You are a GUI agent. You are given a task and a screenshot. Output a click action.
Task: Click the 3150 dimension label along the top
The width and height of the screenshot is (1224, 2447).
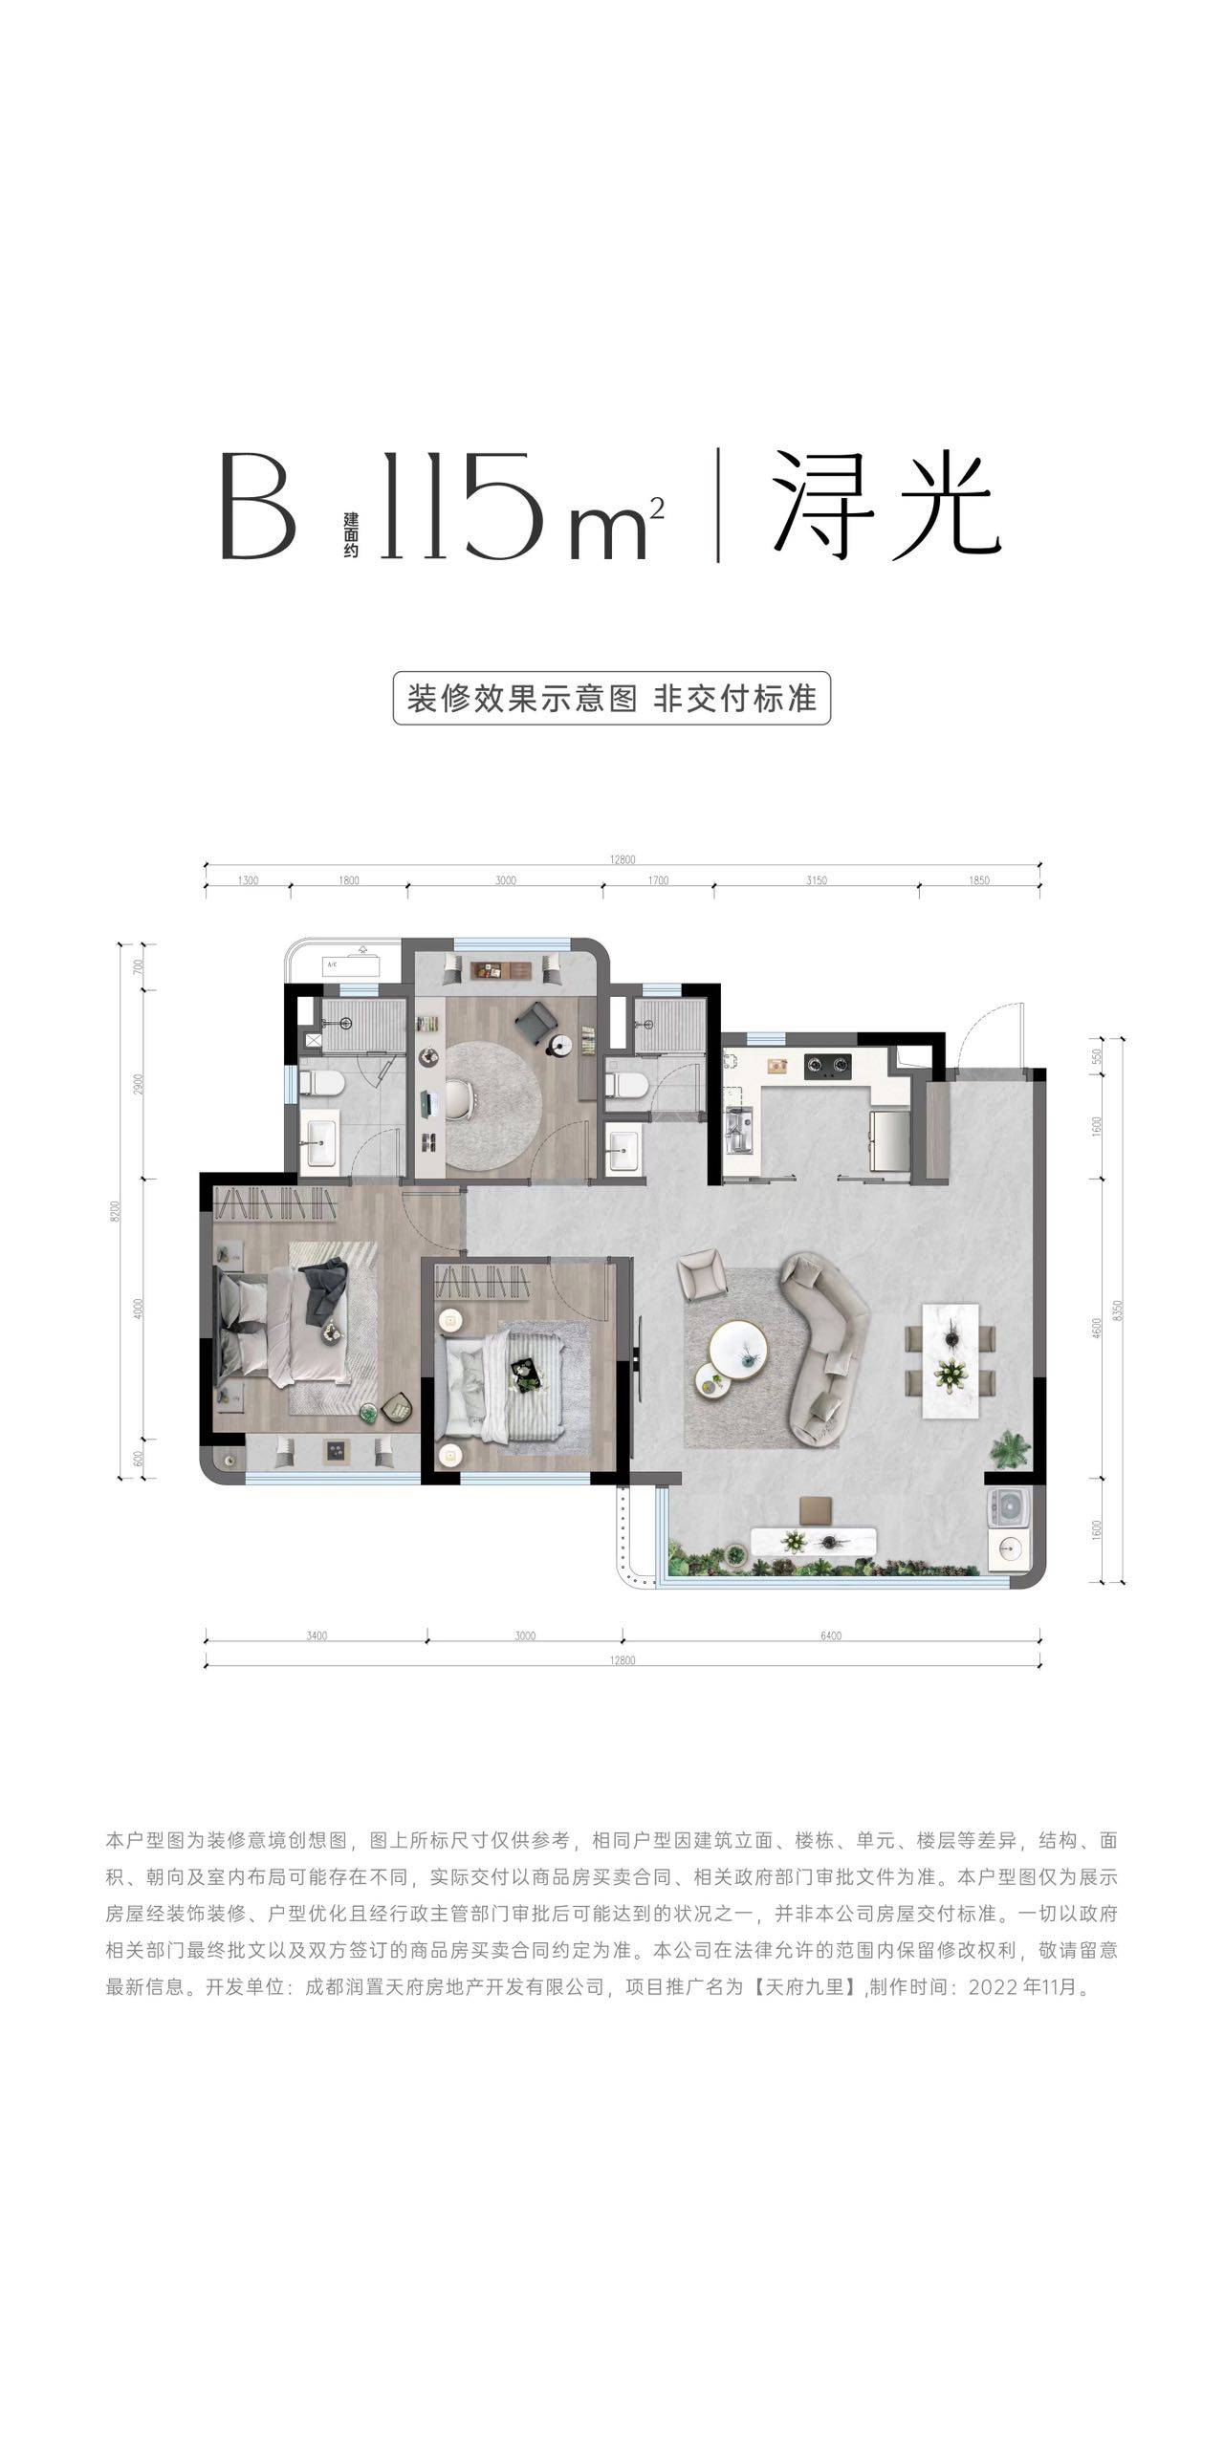tap(816, 880)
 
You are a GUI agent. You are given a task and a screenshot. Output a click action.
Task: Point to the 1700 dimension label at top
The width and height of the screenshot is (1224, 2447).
tap(658, 880)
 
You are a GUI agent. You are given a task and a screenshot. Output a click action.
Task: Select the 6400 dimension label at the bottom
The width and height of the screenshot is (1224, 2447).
tap(830, 1635)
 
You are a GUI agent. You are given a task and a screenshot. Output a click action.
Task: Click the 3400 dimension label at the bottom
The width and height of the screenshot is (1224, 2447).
tap(317, 1635)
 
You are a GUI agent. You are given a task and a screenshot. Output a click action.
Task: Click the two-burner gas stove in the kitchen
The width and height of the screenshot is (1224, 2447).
tap(828, 1063)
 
